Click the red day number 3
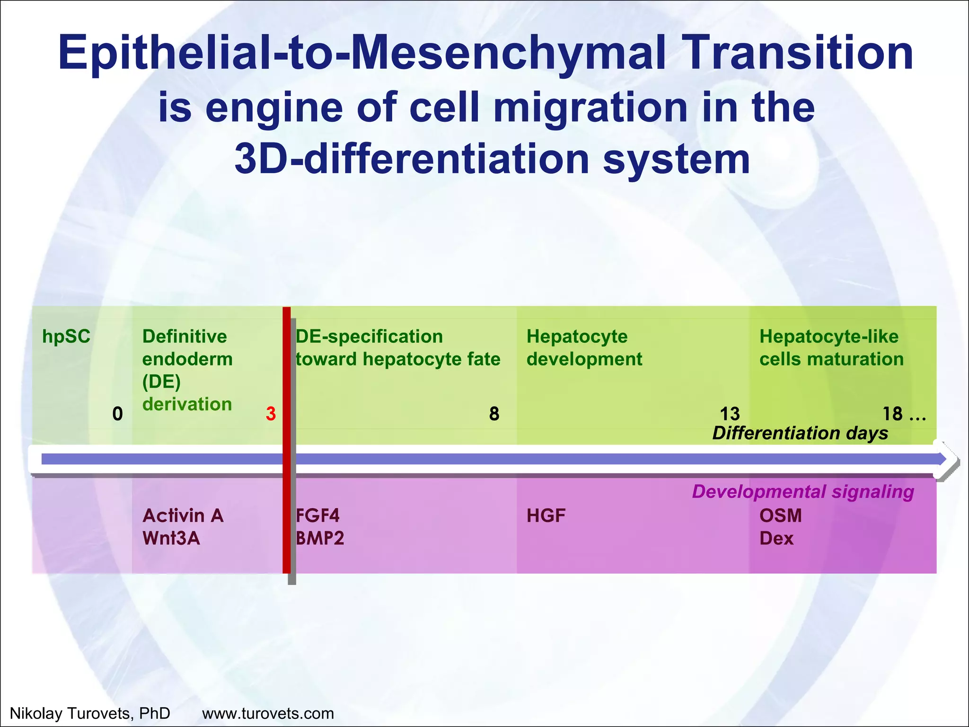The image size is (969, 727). point(270,414)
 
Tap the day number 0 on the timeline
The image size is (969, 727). point(117,414)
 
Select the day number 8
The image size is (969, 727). point(494,414)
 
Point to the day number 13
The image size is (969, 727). point(730,414)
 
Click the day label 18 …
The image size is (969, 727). point(904,414)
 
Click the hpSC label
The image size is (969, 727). point(66,337)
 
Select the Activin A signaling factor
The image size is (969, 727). point(183,515)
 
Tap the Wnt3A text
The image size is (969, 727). point(171,538)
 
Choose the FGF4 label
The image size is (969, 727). point(318,515)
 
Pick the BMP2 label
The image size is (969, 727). point(320,538)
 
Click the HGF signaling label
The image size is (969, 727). point(546,515)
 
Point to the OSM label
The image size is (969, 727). point(781,515)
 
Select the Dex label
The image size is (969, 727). point(776,538)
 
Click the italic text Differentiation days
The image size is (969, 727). point(800,433)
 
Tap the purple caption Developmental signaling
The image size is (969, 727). point(802,492)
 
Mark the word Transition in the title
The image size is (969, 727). point(799,53)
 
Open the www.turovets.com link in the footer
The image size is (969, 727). point(268,713)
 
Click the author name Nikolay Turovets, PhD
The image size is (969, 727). point(90,713)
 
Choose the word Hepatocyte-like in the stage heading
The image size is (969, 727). point(828,337)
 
